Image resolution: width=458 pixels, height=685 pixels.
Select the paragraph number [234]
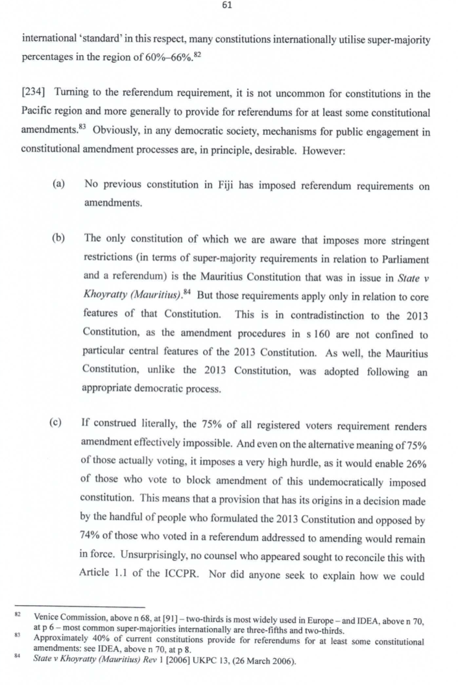[x=35, y=95]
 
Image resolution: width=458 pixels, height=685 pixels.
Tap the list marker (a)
[x=58, y=186]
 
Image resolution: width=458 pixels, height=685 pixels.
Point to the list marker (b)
[x=58, y=241]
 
